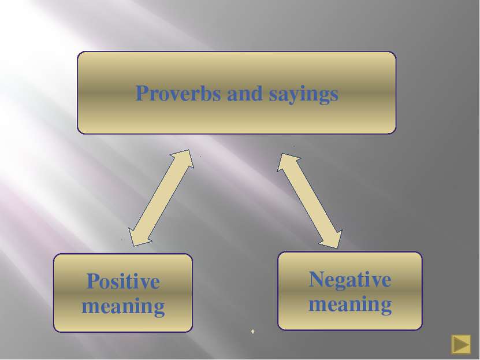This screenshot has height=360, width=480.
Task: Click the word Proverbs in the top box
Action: tap(178, 93)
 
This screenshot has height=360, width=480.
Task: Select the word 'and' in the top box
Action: tap(244, 94)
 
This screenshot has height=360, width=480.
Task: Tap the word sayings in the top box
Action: tap(303, 95)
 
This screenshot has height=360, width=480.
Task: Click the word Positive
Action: tap(124, 281)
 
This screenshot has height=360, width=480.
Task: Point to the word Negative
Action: tap(350, 279)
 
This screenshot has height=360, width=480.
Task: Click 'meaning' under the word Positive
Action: tap(123, 307)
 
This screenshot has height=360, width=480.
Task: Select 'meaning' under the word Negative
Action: tap(350, 305)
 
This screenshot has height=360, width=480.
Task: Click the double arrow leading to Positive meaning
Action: tap(161, 198)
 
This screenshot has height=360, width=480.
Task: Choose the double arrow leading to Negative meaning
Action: tap(310, 201)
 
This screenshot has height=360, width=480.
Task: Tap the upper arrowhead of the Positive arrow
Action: tap(187, 157)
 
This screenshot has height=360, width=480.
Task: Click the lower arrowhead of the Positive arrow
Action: tap(136, 239)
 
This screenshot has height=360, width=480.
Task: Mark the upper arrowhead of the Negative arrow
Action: tap(285, 161)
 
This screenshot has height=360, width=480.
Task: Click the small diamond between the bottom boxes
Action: tap(252, 331)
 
